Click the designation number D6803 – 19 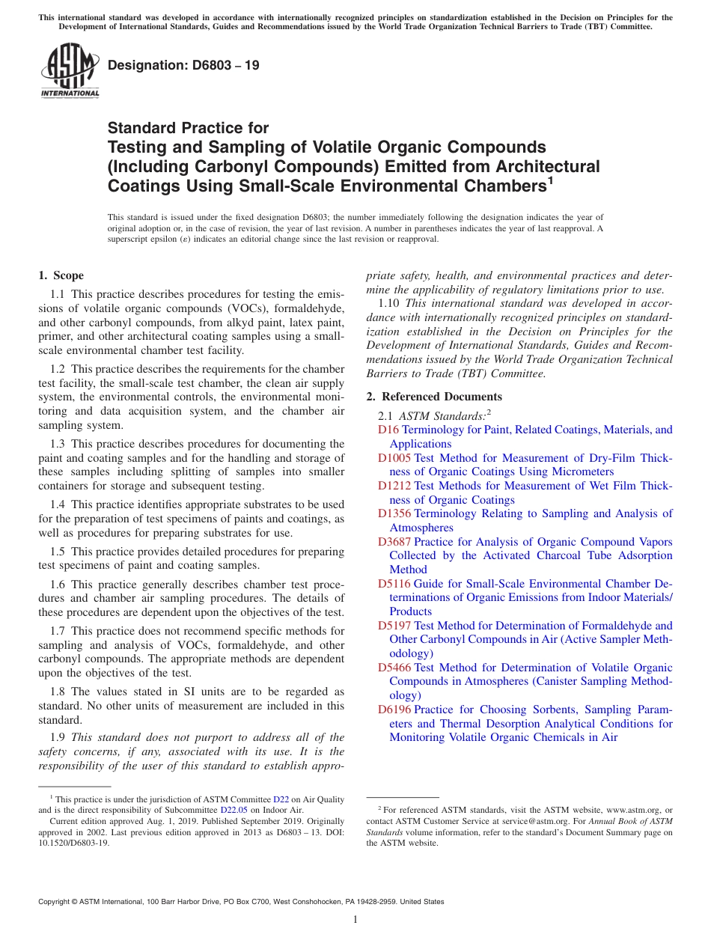point(183,65)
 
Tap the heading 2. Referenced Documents point(434,397)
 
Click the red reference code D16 point(388,430)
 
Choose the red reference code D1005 point(394,458)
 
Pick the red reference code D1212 point(394,486)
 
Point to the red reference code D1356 point(394,513)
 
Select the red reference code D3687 point(394,542)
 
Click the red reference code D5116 point(394,584)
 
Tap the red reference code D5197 point(394,626)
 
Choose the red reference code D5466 point(394,668)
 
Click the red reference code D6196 point(394,710)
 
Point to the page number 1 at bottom point(355,920)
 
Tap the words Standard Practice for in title point(188,128)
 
